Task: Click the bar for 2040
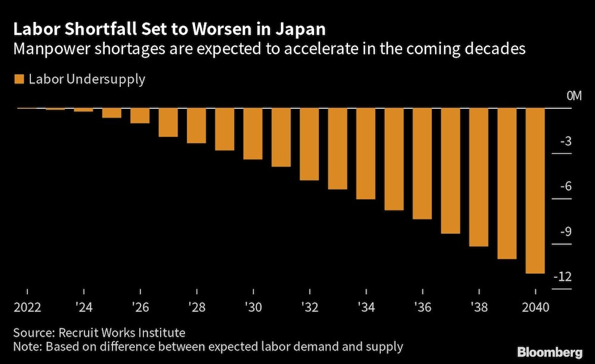[x=535, y=190]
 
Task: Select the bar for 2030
[x=253, y=134]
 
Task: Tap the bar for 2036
[x=422, y=164]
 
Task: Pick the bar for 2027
[x=168, y=123]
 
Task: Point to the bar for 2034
[x=366, y=153]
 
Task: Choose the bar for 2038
[x=478, y=177]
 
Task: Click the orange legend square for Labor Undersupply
[x=18, y=79]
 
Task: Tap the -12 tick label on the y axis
[x=563, y=277]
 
